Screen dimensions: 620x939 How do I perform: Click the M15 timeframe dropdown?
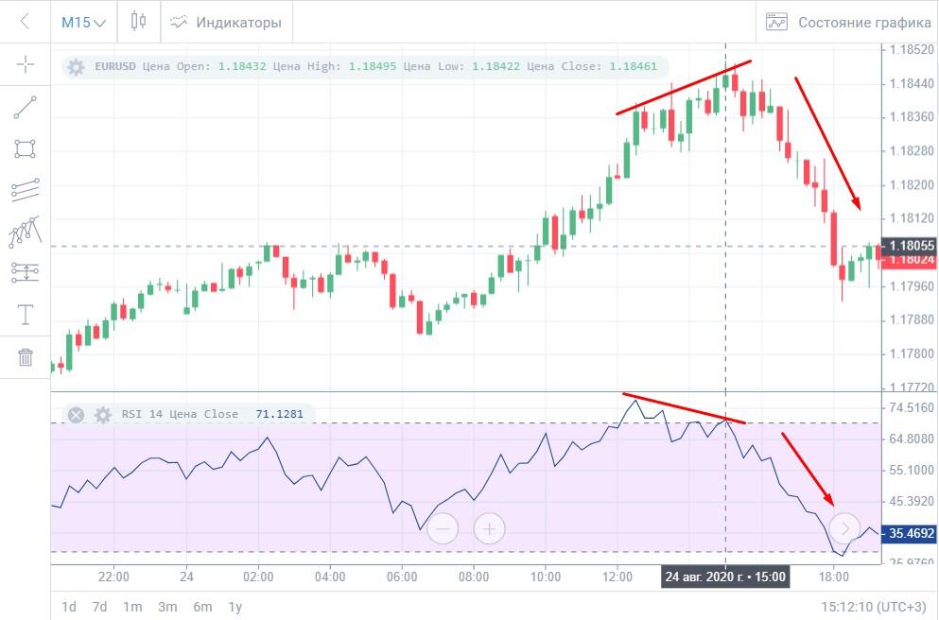pyautogui.click(x=83, y=22)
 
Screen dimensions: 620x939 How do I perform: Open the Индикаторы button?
pyautogui.click(x=226, y=22)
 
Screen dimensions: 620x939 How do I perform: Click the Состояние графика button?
pyautogui.click(x=848, y=22)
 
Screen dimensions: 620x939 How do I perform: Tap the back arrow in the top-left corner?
pyautogui.click(x=26, y=22)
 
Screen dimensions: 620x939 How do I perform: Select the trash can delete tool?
pyautogui.click(x=26, y=356)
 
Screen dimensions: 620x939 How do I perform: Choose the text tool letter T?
pyautogui.click(x=26, y=315)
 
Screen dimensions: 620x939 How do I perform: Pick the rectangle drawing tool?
pyautogui.click(x=26, y=148)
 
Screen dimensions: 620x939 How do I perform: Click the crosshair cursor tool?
pyautogui.click(x=26, y=64)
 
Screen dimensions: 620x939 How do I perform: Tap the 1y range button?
pyautogui.click(x=235, y=607)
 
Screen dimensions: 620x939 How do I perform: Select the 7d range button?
pyautogui.click(x=99, y=607)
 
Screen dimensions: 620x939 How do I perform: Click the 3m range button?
pyautogui.click(x=167, y=607)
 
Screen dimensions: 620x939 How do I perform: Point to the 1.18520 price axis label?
pyautogui.click(x=907, y=49)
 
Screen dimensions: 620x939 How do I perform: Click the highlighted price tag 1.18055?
pyautogui.click(x=908, y=245)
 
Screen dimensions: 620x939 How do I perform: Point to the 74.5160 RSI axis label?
pyautogui.click(x=908, y=408)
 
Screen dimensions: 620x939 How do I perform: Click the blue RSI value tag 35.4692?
pyautogui.click(x=908, y=533)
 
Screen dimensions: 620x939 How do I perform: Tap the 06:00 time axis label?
pyautogui.click(x=402, y=576)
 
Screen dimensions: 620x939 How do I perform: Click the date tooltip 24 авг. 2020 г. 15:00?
pyautogui.click(x=724, y=576)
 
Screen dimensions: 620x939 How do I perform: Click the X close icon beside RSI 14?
pyautogui.click(x=77, y=414)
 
